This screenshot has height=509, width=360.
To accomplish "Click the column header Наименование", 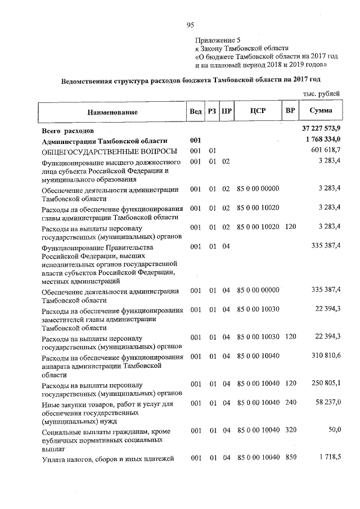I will (x=112, y=112).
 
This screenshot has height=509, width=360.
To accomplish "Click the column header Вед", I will (x=195, y=111).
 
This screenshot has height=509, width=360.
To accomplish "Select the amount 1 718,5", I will (x=330, y=458).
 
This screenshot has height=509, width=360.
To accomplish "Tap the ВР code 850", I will (x=290, y=458).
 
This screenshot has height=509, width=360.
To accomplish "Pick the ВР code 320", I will (x=290, y=430).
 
